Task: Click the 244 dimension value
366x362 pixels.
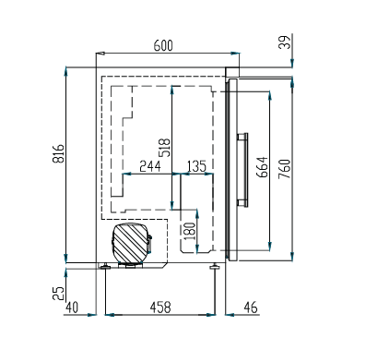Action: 149,166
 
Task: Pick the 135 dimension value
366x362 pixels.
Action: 195,166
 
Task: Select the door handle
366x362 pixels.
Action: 244,169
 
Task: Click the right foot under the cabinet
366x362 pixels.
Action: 216,268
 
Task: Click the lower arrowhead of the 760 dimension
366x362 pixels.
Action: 290,258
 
